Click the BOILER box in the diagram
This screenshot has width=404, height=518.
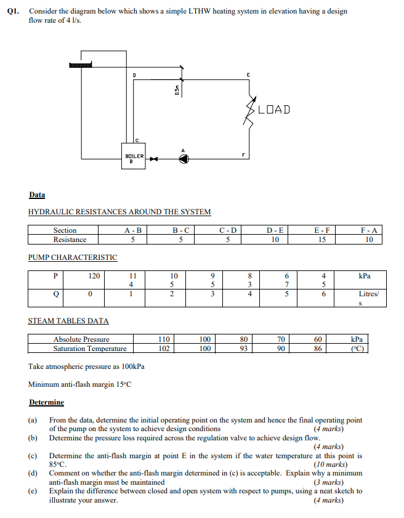click(134, 156)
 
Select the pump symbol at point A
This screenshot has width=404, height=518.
click(183, 160)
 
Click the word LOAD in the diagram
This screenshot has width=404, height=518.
click(274, 110)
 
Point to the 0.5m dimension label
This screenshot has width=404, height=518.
click(177, 90)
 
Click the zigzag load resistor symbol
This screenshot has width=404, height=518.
click(251, 111)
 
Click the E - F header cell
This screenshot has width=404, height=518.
click(322, 230)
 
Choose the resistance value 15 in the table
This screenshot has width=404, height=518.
click(322, 240)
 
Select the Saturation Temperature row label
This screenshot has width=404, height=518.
click(90, 349)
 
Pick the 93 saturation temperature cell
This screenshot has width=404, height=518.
click(243, 349)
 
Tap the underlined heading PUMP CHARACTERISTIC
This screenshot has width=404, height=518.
click(73, 257)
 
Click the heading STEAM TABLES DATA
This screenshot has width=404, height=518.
click(68, 321)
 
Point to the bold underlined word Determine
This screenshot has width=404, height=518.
click(46, 402)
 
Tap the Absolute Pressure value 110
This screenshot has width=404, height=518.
click(163, 339)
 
